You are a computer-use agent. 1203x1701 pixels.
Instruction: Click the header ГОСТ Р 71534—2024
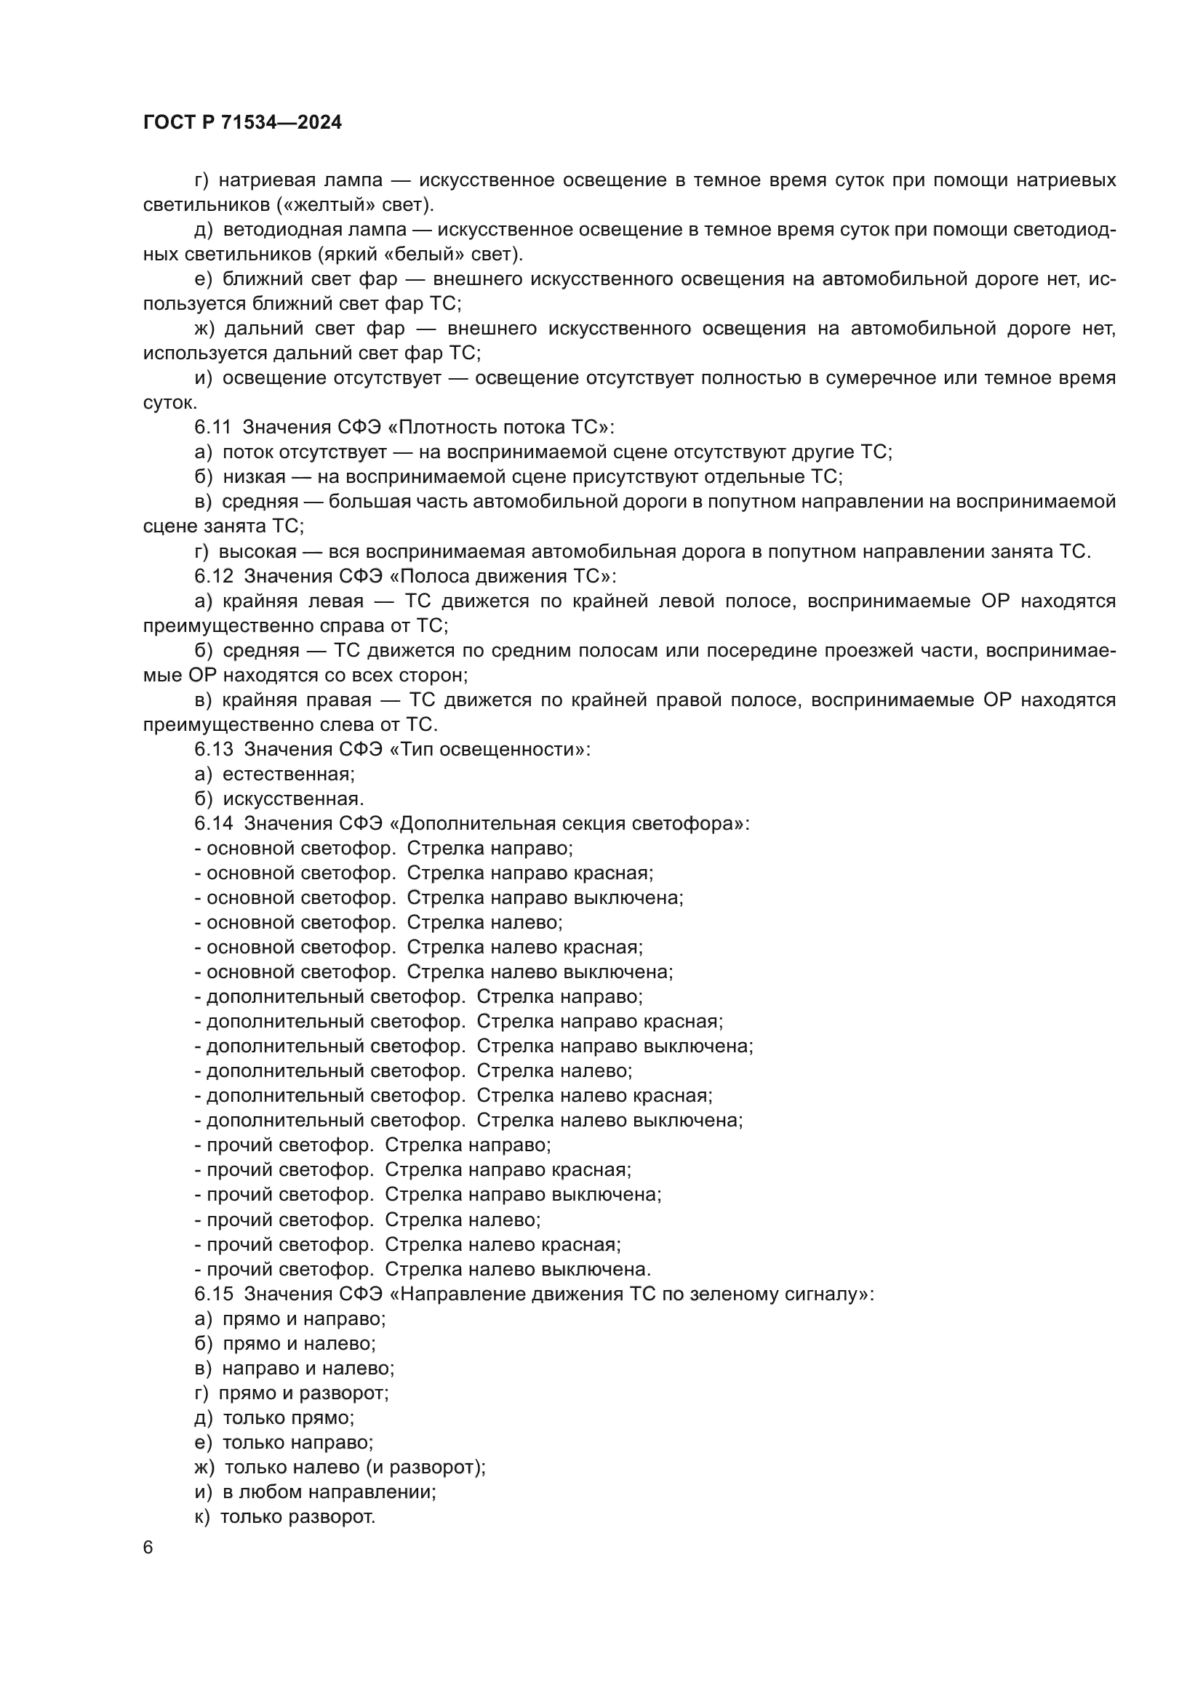click(242, 123)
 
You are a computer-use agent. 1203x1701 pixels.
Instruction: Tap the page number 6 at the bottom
click(148, 1548)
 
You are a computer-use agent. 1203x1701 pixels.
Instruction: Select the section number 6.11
click(212, 428)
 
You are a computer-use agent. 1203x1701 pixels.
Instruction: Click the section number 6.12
click(213, 576)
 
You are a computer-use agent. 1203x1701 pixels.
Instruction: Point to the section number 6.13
click(213, 749)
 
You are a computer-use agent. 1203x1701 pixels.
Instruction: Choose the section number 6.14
click(213, 823)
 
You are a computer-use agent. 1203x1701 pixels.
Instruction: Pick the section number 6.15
click(213, 1294)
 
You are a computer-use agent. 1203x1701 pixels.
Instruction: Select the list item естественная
click(288, 775)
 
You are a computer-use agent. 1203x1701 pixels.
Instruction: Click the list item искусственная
click(292, 799)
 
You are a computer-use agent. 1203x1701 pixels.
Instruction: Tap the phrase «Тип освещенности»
click(489, 749)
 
